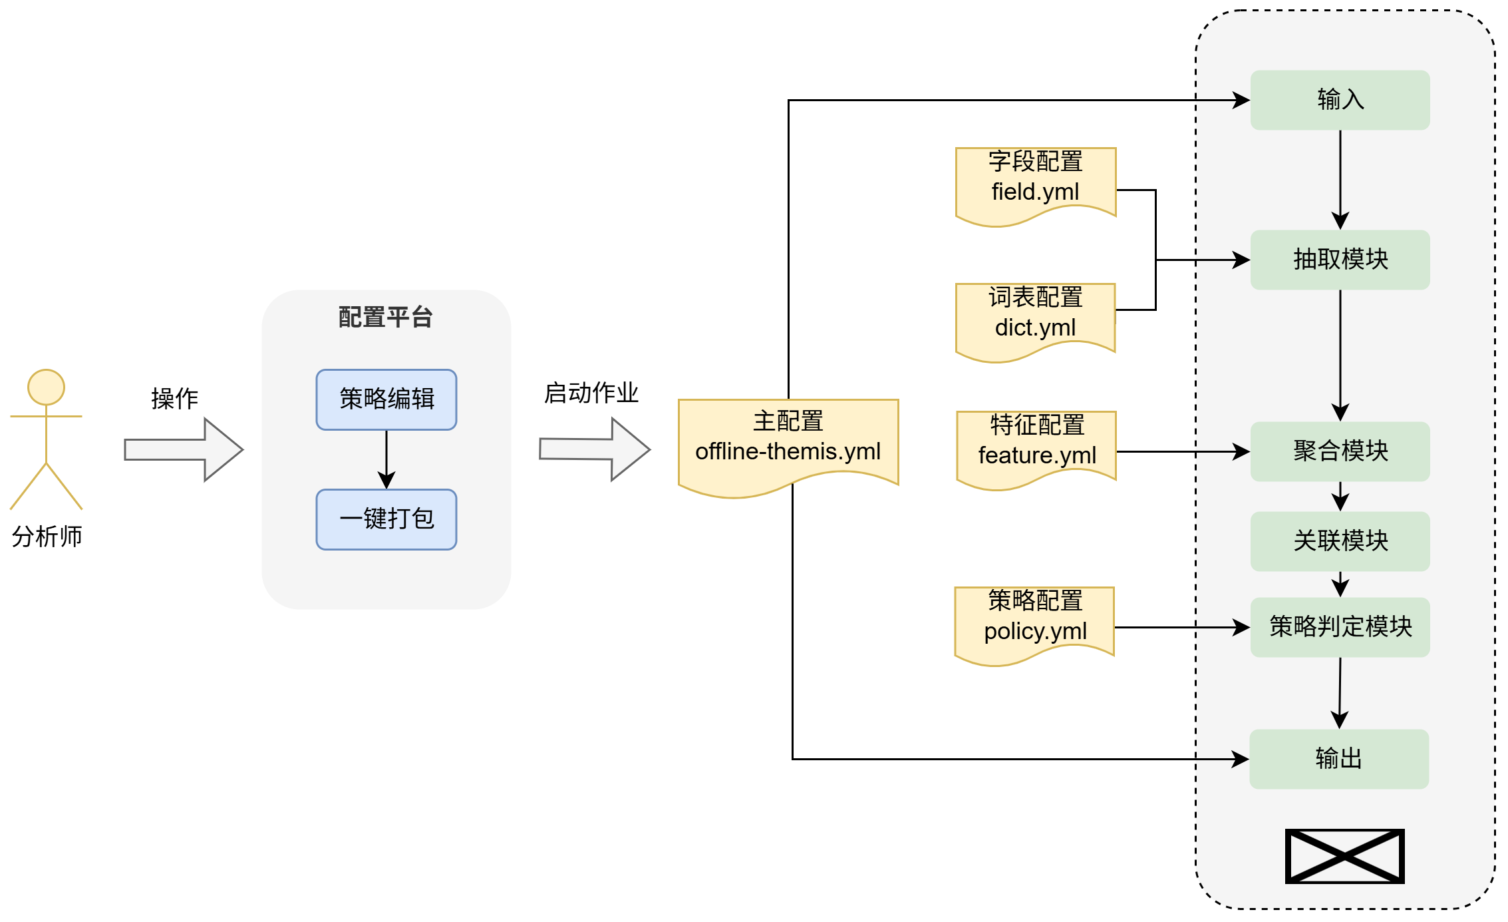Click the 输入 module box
point(1339,100)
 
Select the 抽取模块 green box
point(1339,260)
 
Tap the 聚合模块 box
point(1339,451)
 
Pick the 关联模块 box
point(1339,541)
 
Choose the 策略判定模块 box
point(1339,626)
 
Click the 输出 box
point(1338,759)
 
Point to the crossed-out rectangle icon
point(1344,856)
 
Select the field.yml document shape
point(1035,184)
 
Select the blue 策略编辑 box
point(386,399)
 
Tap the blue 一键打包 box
point(386,519)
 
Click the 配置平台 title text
point(386,318)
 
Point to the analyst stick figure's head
point(46,387)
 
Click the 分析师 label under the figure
point(47,537)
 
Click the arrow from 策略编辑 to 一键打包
point(386,459)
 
